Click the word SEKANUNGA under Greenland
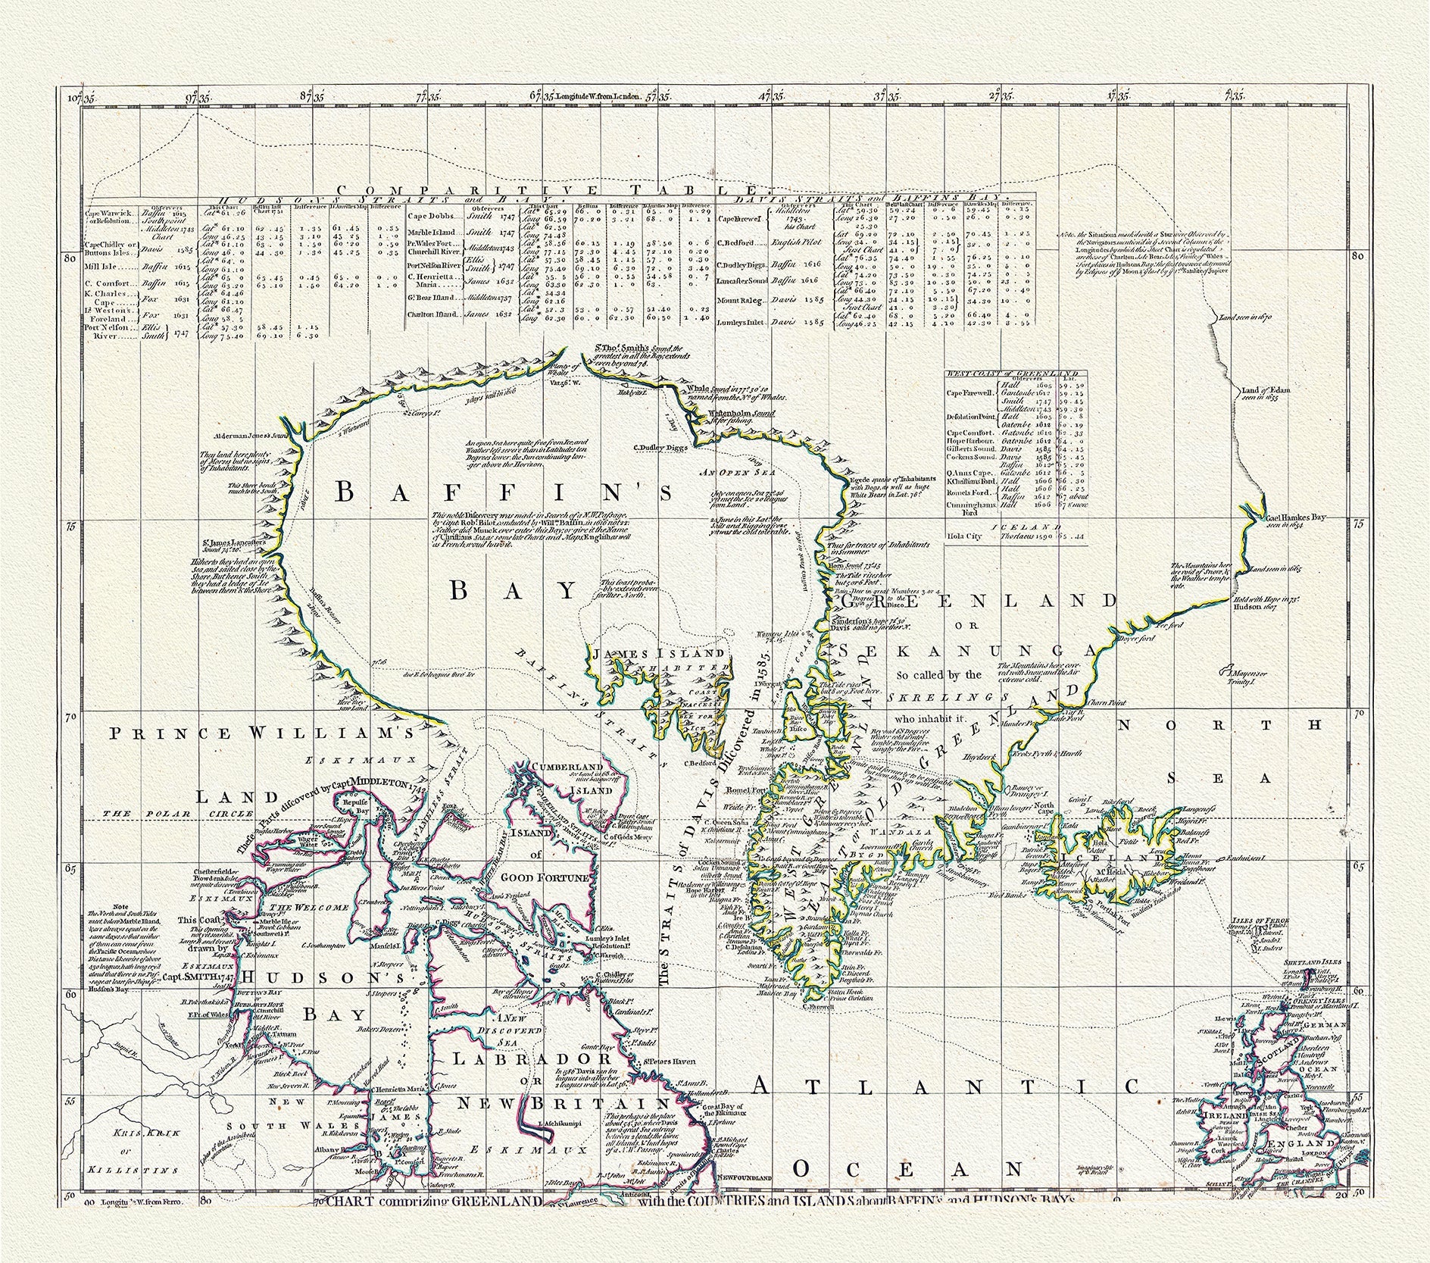tap(966, 652)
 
